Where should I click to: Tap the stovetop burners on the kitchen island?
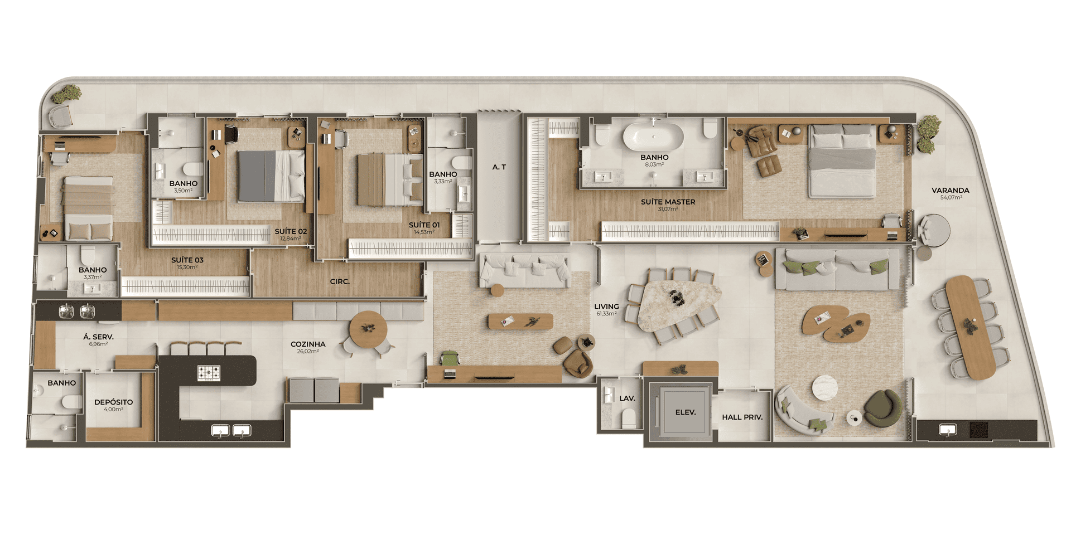point(209,373)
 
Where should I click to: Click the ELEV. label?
point(686,412)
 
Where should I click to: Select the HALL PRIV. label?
point(742,417)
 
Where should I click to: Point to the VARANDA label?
point(951,190)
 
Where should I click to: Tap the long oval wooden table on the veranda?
point(971,327)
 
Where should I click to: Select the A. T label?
point(499,167)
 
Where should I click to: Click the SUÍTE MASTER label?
point(668,202)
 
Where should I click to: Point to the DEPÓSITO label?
point(114,402)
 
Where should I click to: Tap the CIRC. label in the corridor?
point(340,281)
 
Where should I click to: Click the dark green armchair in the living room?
point(883,408)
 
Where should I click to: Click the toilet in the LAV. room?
point(629,417)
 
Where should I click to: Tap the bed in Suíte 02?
point(272,176)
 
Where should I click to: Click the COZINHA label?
point(308,344)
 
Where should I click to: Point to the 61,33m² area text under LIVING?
point(606,314)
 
